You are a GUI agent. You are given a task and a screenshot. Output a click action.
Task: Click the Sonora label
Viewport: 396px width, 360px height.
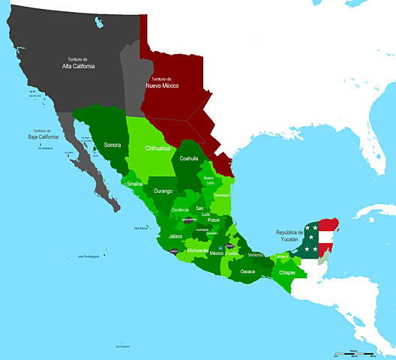pos(112,144)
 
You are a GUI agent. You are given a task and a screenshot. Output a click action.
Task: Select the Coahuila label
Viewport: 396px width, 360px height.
pos(189,158)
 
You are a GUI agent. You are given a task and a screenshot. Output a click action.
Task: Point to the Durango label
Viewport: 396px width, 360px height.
pos(163,191)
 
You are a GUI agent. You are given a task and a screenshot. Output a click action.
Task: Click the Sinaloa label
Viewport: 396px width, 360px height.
pos(135,183)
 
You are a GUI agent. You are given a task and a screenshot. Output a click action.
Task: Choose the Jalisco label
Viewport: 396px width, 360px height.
pos(175,236)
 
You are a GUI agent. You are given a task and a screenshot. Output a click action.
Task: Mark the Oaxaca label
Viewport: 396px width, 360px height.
pos(247,271)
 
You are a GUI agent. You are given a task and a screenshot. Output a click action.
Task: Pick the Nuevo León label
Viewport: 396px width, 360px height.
pos(209,180)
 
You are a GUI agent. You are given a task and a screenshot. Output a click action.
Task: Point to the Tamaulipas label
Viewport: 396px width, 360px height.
pos(222,194)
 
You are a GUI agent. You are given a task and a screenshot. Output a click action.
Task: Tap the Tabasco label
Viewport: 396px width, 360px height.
pos(281,256)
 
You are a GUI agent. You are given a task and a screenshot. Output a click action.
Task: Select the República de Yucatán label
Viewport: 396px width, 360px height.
pos(289,236)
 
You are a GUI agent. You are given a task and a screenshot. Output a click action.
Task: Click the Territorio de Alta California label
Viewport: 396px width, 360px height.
pos(78,63)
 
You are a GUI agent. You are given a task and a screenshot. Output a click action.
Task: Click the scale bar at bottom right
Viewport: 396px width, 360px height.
pos(354,352)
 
